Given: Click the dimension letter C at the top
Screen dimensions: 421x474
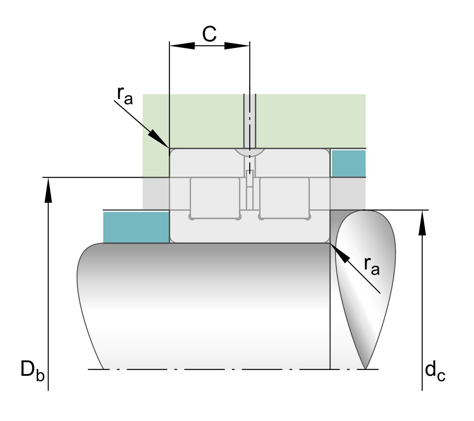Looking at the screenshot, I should (x=210, y=34).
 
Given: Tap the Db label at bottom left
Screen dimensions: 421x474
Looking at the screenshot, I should (x=32, y=370).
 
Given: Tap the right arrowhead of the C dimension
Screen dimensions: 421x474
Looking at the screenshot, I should (x=237, y=46).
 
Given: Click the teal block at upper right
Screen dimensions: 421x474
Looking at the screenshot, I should (x=349, y=163).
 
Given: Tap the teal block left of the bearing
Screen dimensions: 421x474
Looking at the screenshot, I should (x=136, y=227).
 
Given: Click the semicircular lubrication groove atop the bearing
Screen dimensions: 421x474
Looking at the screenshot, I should (x=250, y=152).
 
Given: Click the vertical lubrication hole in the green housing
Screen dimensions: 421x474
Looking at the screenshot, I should (x=250, y=121).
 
